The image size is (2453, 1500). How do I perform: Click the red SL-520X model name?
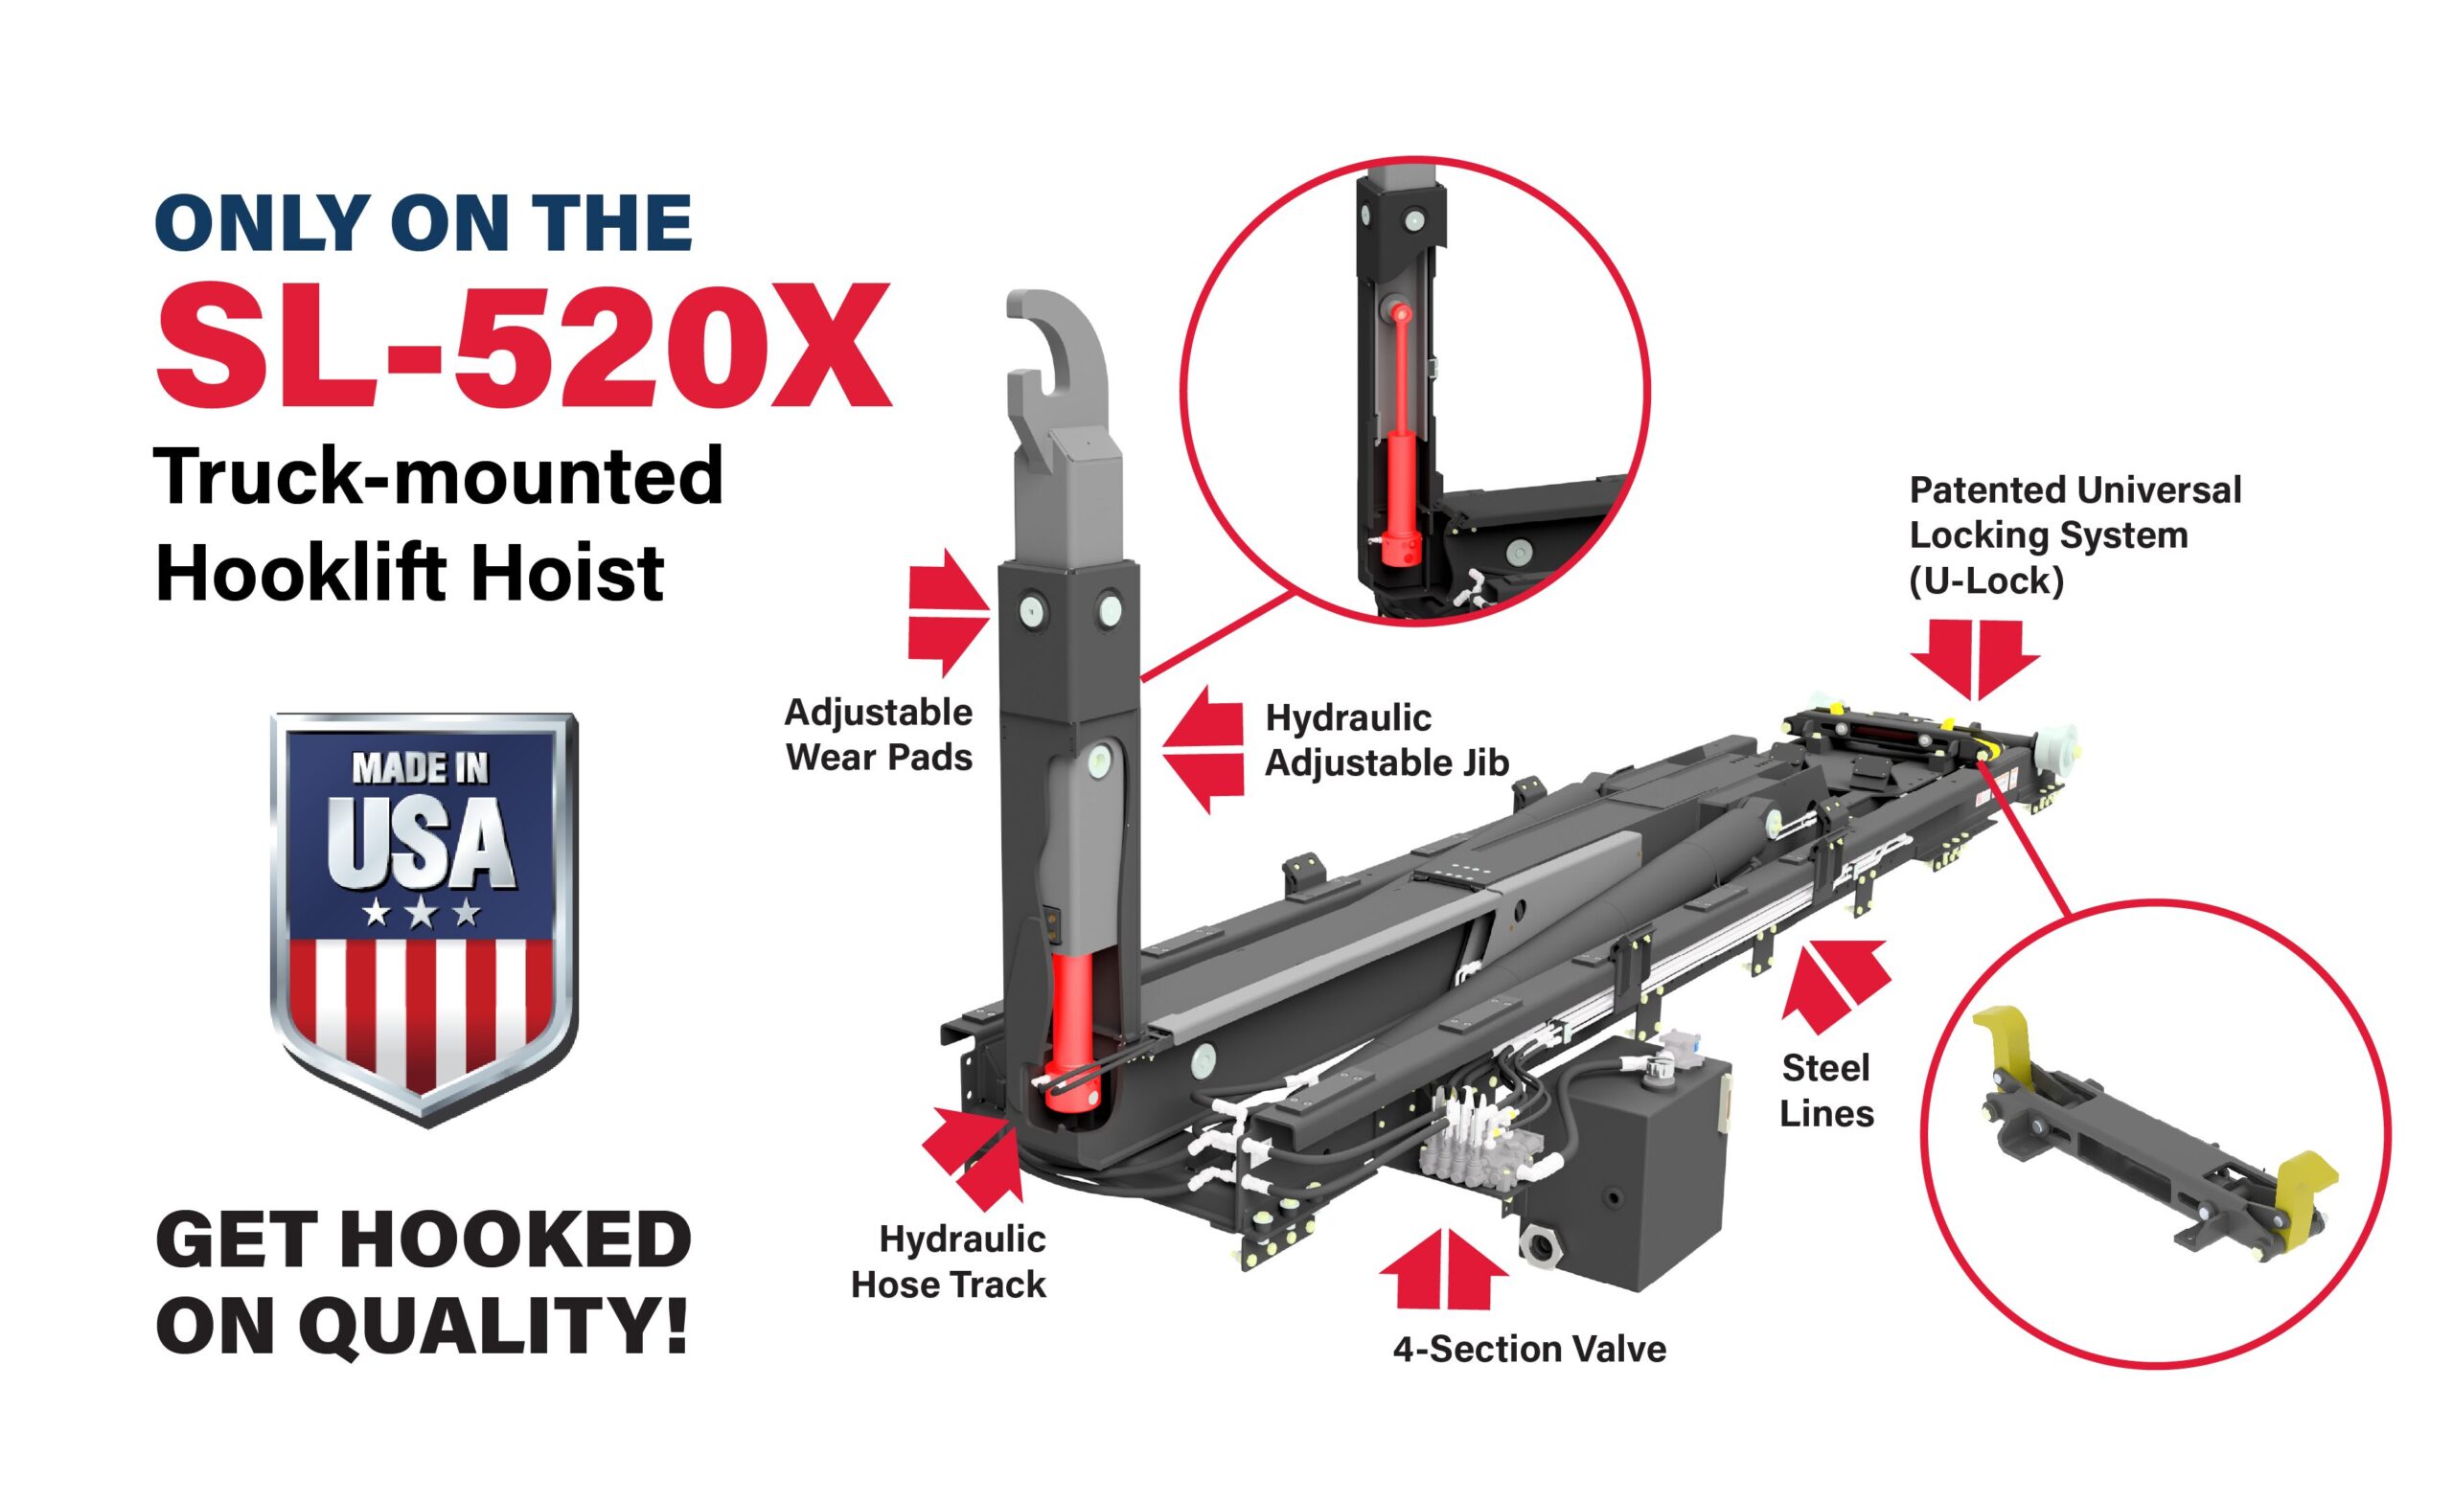click(x=522, y=346)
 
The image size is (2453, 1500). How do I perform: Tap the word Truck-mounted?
click(x=439, y=476)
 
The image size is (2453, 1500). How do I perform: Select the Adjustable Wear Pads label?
click(x=879, y=735)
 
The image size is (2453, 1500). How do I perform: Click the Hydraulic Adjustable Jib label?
click(x=1387, y=740)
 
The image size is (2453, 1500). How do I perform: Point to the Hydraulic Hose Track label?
click(x=949, y=1261)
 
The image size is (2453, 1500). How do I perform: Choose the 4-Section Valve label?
click(x=1529, y=1350)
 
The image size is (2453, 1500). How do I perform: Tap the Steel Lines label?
click(x=1826, y=1091)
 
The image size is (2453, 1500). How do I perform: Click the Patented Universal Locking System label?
click(x=2075, y=535)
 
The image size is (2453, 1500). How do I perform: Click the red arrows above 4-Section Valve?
click(x=1445, y=1271)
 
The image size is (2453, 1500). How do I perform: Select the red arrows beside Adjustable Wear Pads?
click(x=949, y=612)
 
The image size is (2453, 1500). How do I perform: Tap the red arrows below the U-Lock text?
click(x=1975, y=660)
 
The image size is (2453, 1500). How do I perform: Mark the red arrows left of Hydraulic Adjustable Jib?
click(x=1203, y=749)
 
